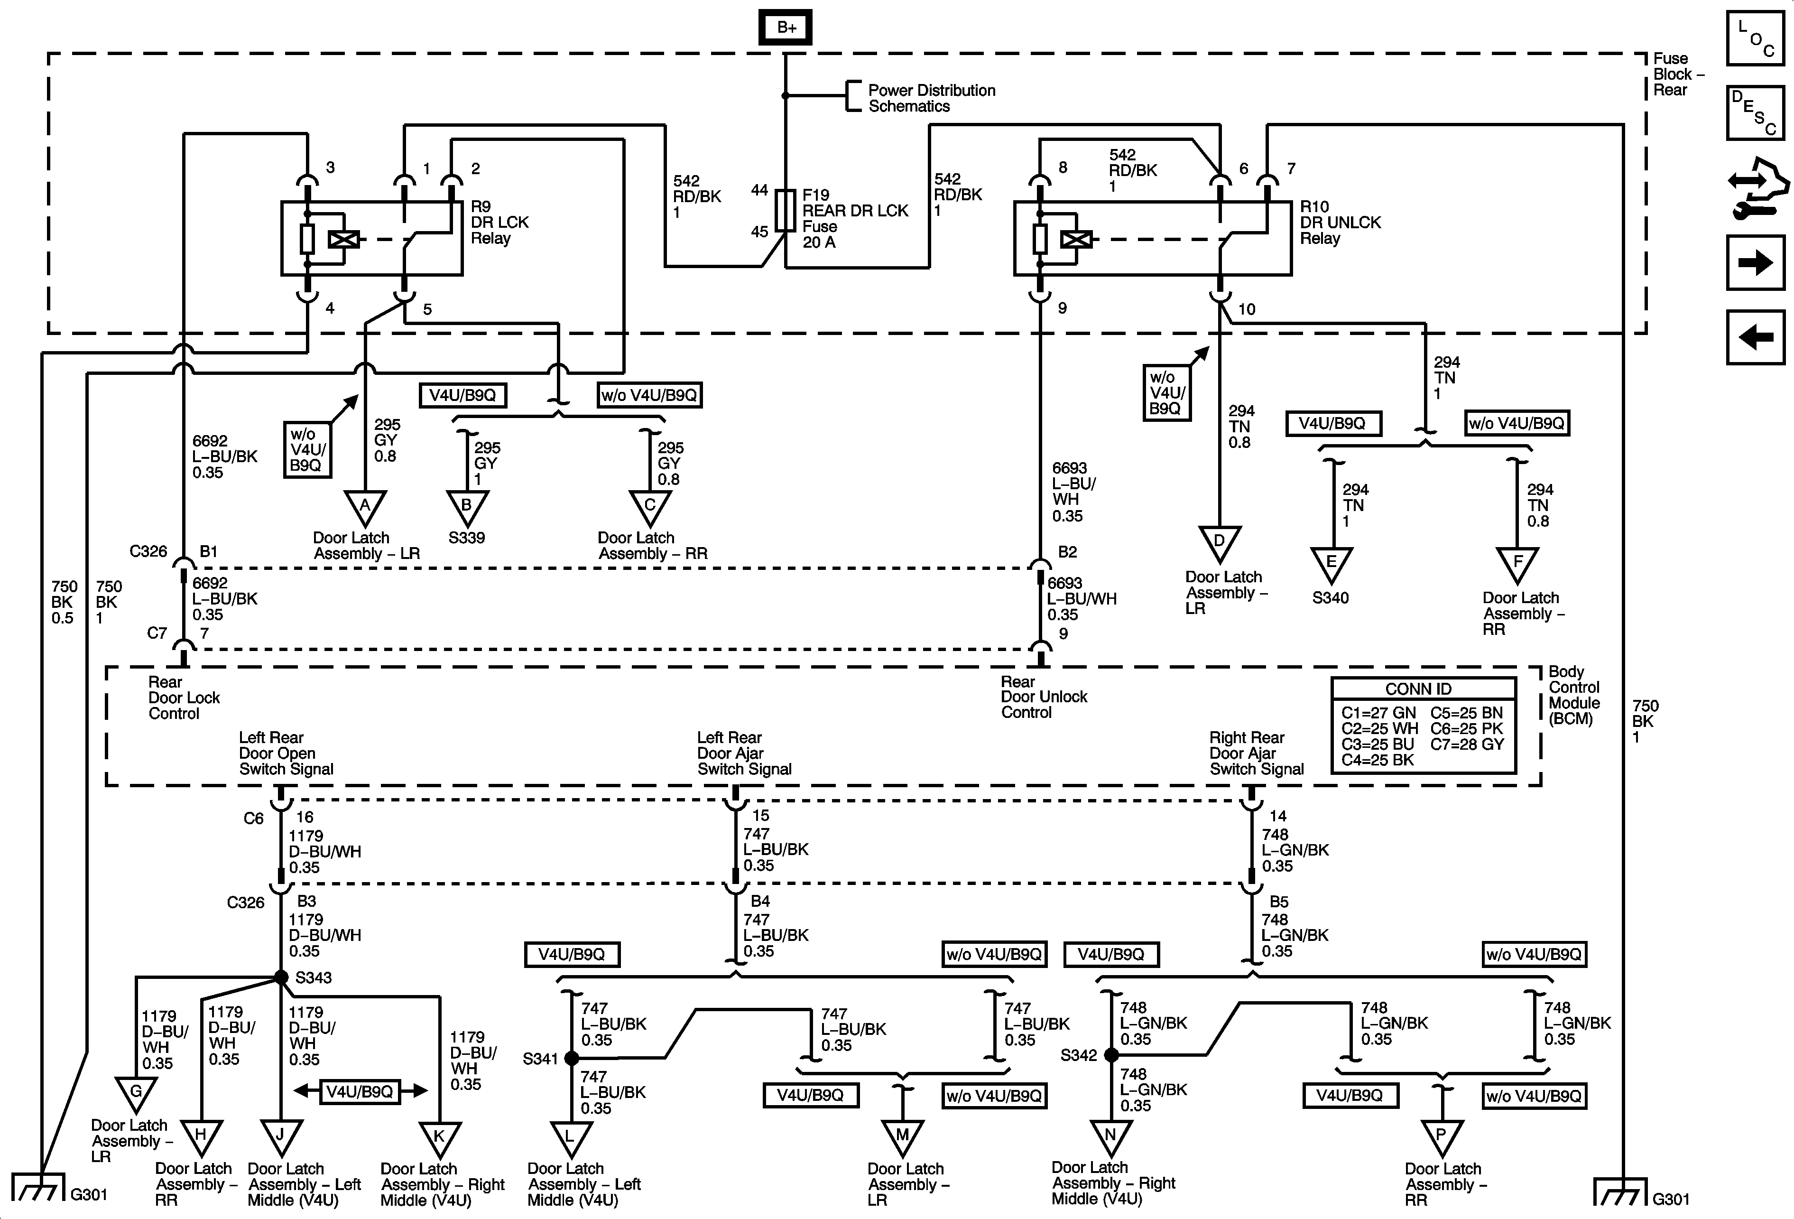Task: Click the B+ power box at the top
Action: pos(785,28)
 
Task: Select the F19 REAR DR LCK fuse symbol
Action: pos(785,210)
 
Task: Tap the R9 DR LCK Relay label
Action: pos(499,223)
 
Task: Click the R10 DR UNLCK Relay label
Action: pos(1340,223)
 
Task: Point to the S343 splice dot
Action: pos(281,977)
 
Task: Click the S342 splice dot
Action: pos(1111,1054)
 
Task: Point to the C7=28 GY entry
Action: pos(1467,744)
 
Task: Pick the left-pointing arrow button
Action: pos(1755,337)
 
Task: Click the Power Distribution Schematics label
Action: pos(931,98)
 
